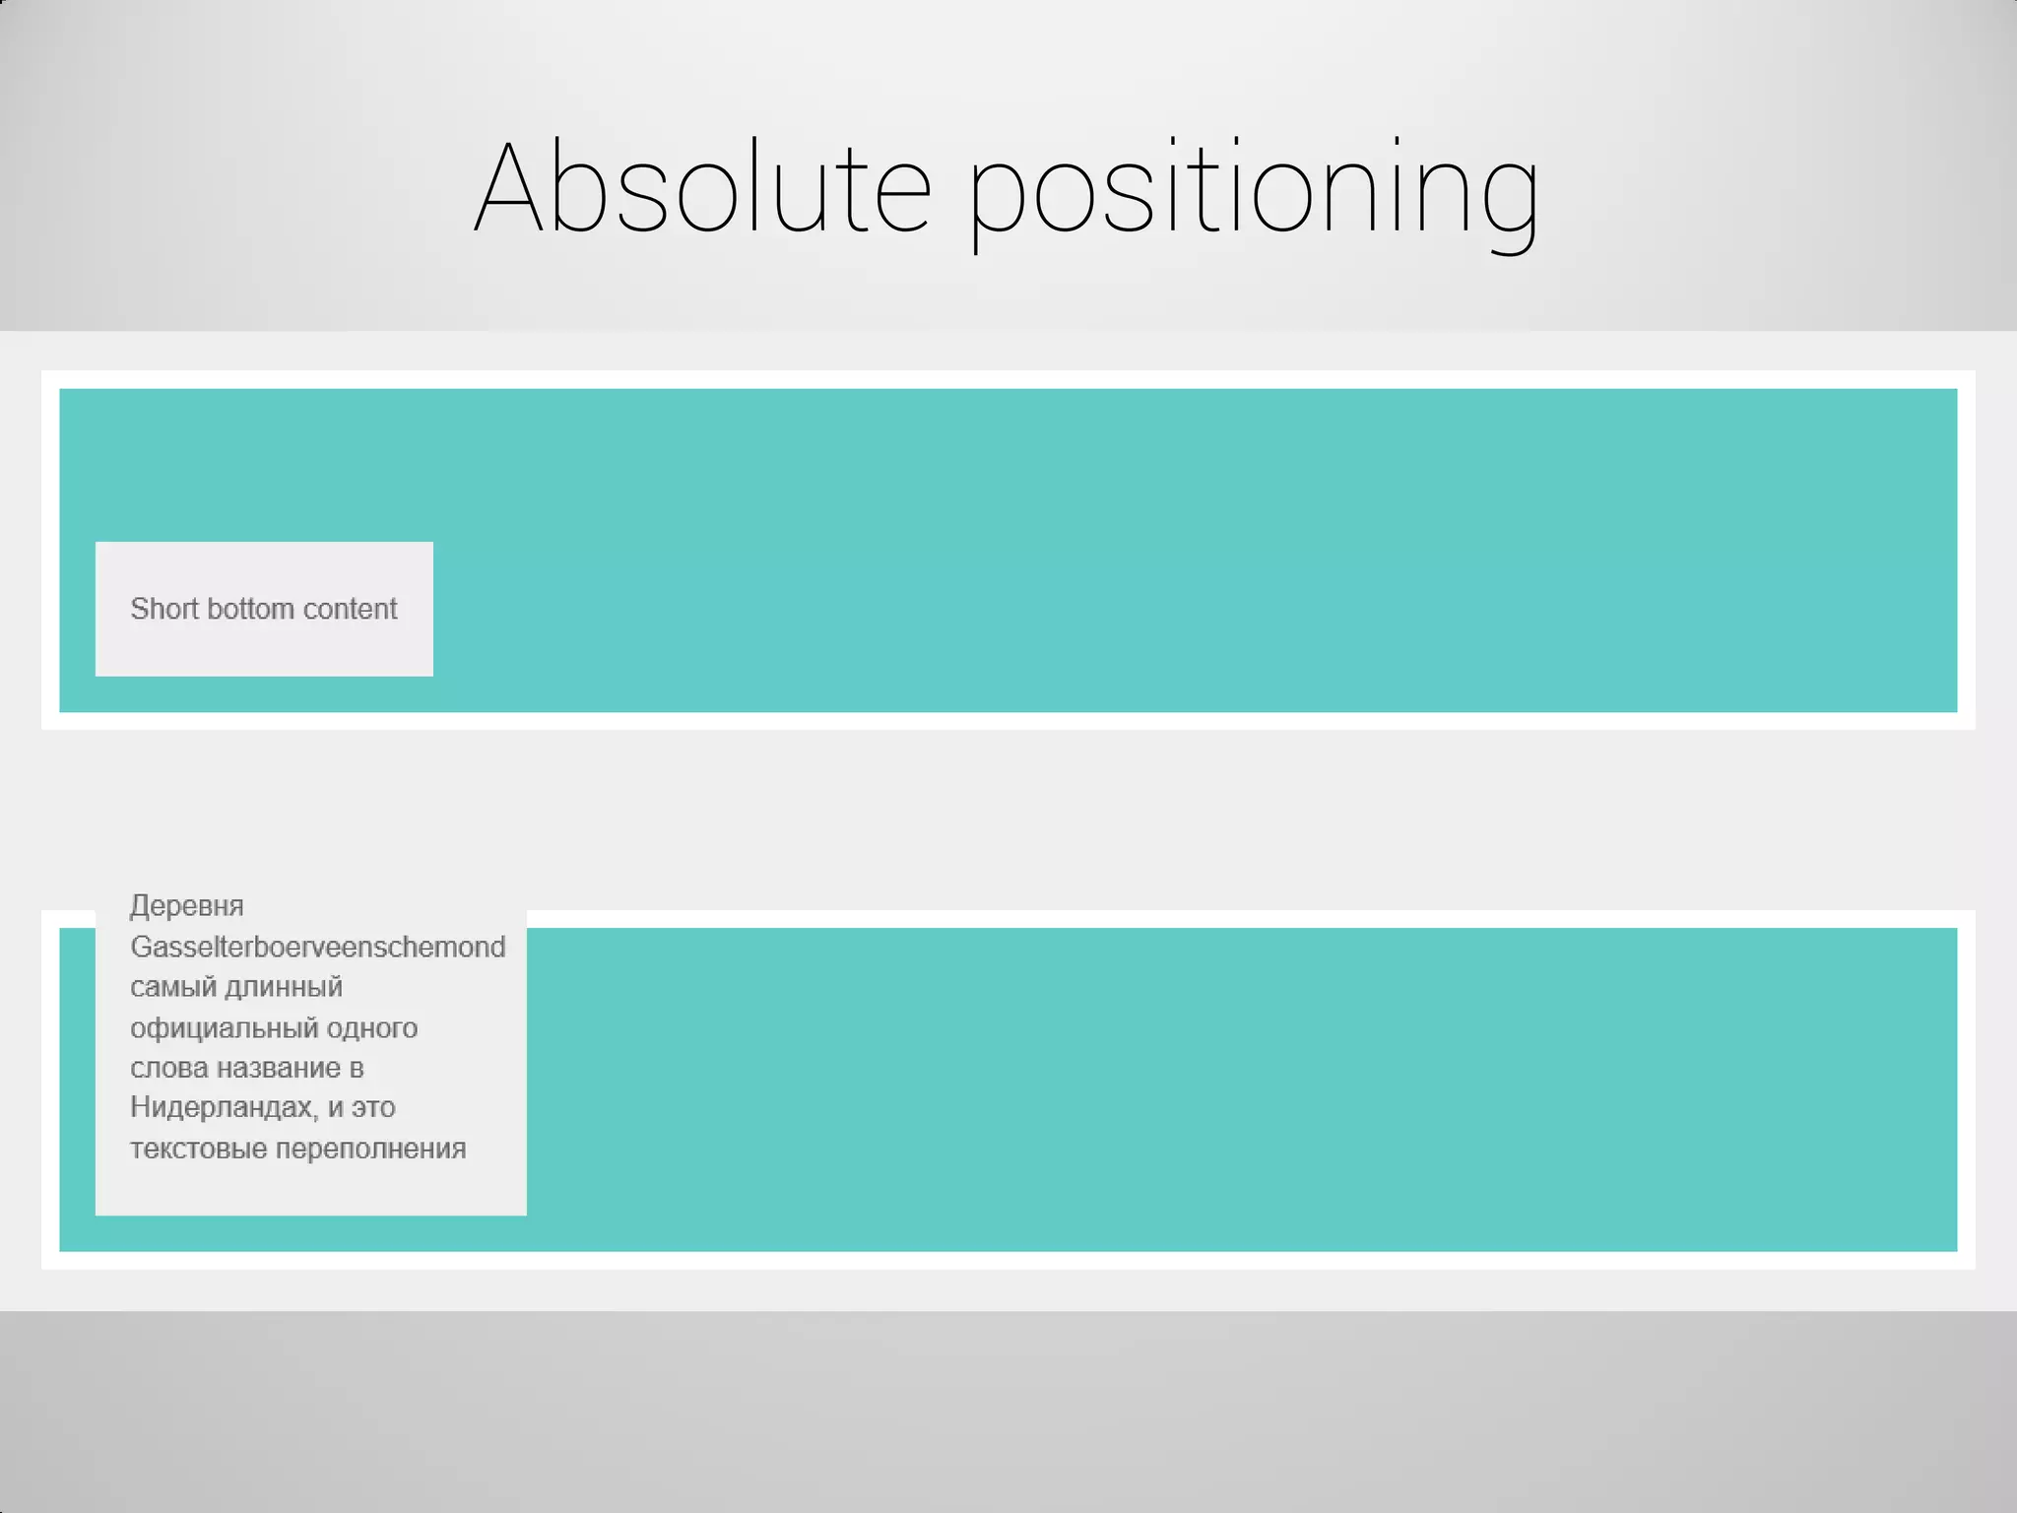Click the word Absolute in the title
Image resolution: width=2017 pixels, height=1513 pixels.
point(702,187)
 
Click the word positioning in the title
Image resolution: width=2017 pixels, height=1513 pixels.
point(1253,192)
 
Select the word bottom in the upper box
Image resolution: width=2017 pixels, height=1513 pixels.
point(251,609)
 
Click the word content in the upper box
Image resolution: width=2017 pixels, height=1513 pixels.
point(350,609)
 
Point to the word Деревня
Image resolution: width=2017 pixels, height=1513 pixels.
point(186,906)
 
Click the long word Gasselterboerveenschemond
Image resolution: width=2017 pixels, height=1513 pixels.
point(317,947)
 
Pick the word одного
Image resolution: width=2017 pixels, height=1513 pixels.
point(372,1028)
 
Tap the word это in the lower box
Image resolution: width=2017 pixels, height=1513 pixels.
point(373,1108)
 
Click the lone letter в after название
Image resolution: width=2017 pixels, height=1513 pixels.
point(357,1069)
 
